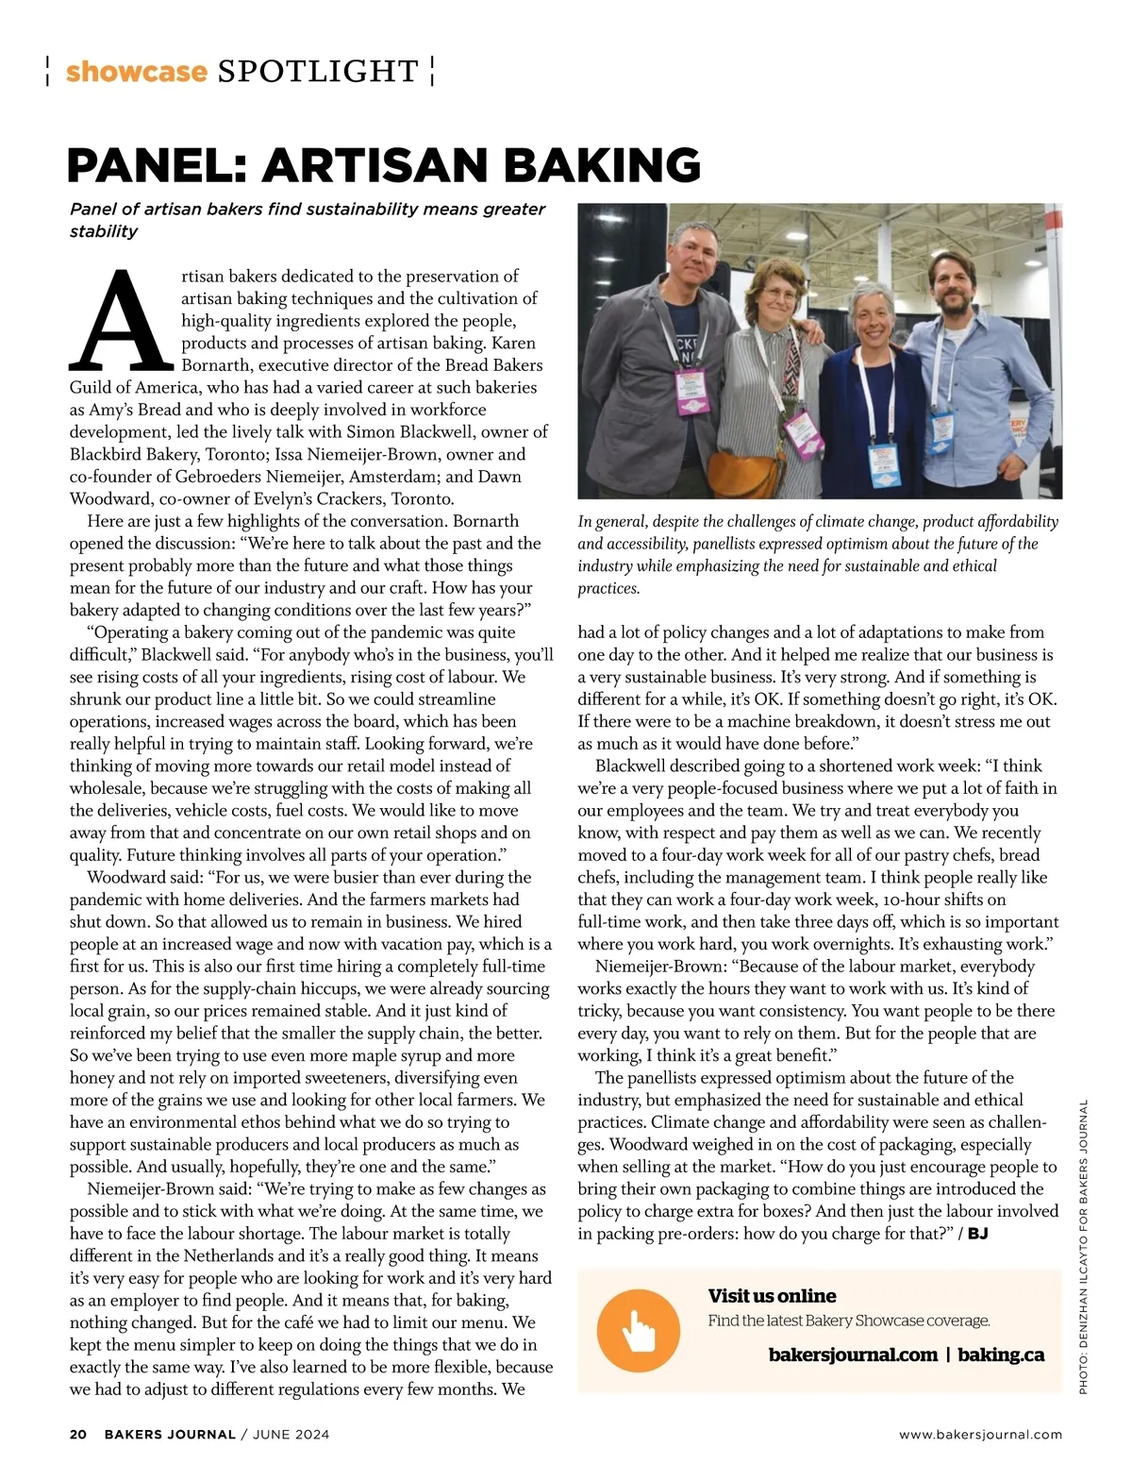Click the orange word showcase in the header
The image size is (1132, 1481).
pyautogui.click(x=136, y=72)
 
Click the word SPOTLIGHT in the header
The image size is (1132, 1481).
pyautogui.click(x=318, y=72)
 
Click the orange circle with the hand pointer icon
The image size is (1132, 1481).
pyautogui.click(x=639, y=1331)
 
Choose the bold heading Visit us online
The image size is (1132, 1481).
pyautogui.click(x=772, y=1296)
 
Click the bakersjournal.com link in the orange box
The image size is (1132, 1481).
pyautogui.click(x=853, y=1355)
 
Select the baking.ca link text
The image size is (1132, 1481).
pyautogui.click(x=1001, y=1355)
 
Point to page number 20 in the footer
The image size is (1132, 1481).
pyautogui.click(x=78, y=1435)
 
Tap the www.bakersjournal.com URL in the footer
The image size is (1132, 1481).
pyautogui.click(x=980, y=1435)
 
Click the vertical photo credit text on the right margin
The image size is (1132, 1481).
pyautogui.click(x=1084, y=1246)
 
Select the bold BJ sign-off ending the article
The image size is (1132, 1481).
pyautogui.click(x=977, y=1234)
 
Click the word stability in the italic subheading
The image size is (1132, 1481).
pyautogui.click(x=104, y=231)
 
